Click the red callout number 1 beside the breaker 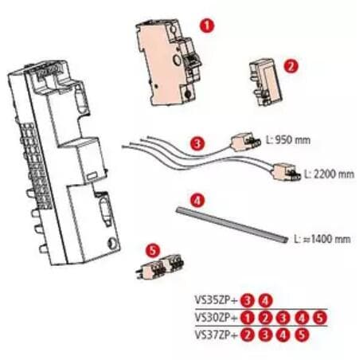click(207, 25)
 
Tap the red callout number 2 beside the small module click(291, 65)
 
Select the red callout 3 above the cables click(197, 143)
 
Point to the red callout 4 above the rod click(197, 201)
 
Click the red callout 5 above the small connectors click(153, 250)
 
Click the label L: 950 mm click(288, 140)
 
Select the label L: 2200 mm click(330, 174)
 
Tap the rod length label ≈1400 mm click(322, 239)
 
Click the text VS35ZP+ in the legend click(216, 300)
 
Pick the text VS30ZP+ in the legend click(216, 317)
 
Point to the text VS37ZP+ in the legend click(216, 335)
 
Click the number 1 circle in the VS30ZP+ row click(248, 318)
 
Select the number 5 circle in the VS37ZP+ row click(302, 335)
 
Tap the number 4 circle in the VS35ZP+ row click(266, 301)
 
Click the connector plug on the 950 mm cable click(245, 142)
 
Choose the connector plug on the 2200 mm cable click(287, 171)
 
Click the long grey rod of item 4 click(232, 225)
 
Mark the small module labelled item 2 click(265, 82)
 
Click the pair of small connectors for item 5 click(161, 267)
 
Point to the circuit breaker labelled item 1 click(169, 63)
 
